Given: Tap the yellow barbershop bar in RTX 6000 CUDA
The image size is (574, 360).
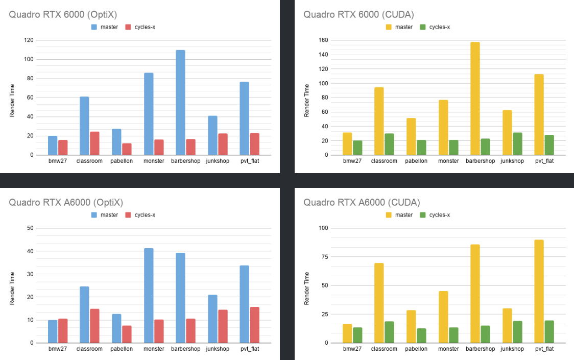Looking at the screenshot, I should click(475, 98).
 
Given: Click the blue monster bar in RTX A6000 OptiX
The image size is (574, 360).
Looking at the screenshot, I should click(149, 295).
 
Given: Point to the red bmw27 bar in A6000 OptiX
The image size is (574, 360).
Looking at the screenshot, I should click(63, 330).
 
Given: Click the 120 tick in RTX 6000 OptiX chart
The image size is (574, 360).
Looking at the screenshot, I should click(30, 40).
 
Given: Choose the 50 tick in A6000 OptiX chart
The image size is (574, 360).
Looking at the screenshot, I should click(31, 228).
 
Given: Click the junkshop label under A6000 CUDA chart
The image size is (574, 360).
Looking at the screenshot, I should click(512, 349).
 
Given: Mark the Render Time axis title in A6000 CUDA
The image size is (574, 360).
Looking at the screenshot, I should click(307, 288).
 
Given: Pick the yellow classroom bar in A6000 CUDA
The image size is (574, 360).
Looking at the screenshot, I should click(379, 303).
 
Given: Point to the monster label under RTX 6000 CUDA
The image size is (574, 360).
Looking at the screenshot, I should click(448, 161).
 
